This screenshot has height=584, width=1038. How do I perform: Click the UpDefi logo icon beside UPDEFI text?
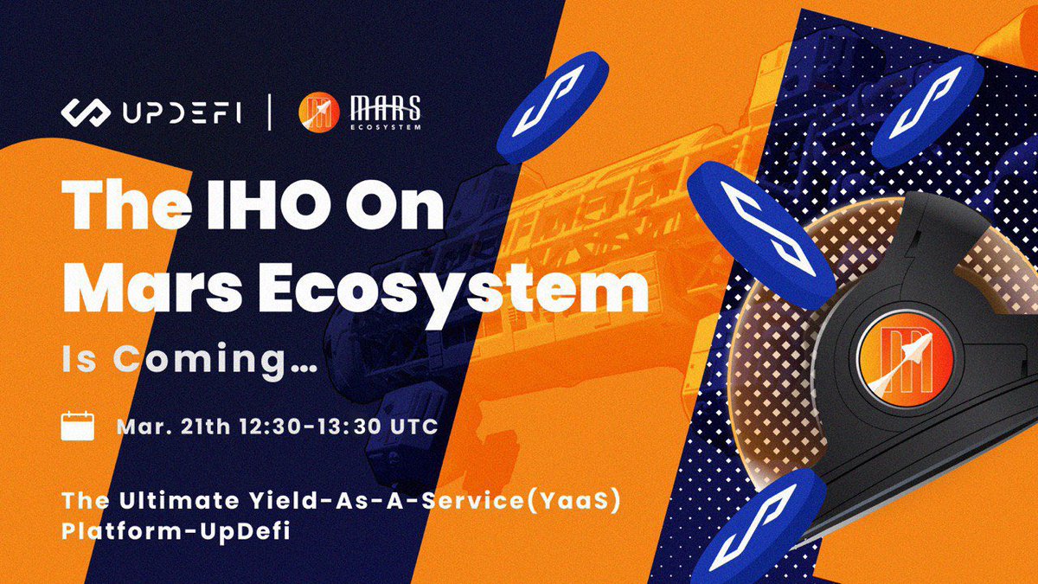click(85, 112)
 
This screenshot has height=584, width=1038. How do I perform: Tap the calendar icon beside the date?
click(77, 427)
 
